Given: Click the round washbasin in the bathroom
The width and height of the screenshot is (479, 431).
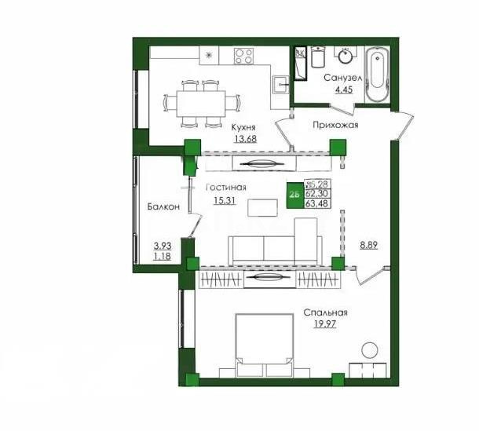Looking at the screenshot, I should pos(345,56).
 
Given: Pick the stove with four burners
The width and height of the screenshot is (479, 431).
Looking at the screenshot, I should pos(244,56).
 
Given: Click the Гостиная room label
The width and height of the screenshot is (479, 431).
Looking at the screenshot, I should pos(226,188).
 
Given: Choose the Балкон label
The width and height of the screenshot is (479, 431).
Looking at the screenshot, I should pos(165,206).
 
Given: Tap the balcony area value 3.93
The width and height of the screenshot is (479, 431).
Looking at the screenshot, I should pos(162,244).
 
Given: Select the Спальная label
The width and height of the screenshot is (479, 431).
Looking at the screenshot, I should pos(325,313).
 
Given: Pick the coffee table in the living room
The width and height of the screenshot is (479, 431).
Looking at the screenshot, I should pos(262,206).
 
